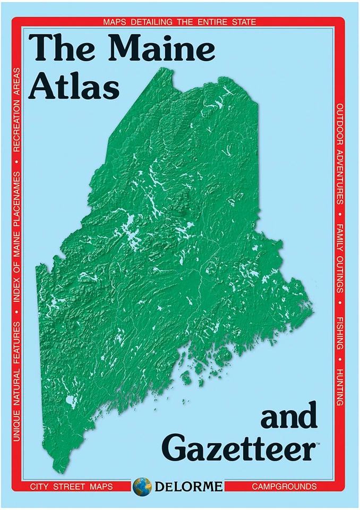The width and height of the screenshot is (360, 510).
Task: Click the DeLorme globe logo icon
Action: tap(142, 486)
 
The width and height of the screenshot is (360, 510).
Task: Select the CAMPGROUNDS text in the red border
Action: tap(284, 486)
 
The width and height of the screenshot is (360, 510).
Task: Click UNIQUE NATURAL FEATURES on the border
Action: tap(17, 381)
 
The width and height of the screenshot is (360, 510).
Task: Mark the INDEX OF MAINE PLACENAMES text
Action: tap(17, 236)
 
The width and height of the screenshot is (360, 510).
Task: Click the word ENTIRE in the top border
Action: tap(204, 22)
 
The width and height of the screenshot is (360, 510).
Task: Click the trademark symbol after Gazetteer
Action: tap(318, 443)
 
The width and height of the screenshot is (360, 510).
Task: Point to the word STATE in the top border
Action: tap(242, 22)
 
